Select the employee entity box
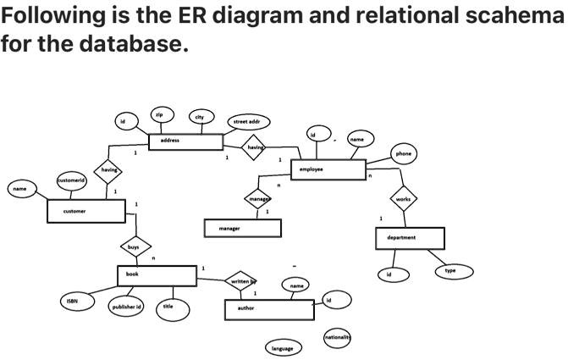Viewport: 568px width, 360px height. pos(328,169)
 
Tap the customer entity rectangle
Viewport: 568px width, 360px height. pos(86,211)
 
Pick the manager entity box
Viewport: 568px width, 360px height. pos(242,229)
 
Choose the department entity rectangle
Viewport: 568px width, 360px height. pos(410,238)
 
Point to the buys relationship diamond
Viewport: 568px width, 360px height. pos(134,246)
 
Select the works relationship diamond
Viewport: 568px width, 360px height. pos(402,199)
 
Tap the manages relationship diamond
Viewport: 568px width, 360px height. pos(258,199)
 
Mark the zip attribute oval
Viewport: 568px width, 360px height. pos(158,114)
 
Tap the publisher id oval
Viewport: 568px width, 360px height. pos(127,306)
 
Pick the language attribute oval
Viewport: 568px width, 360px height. pos(283,348)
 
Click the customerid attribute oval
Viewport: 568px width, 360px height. pos(71,181)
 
